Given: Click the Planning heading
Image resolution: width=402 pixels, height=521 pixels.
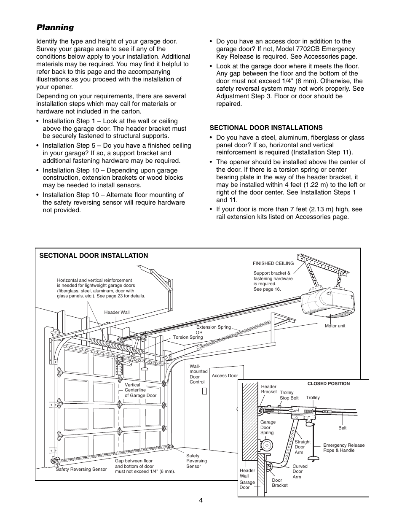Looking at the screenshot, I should (x=55, y=27).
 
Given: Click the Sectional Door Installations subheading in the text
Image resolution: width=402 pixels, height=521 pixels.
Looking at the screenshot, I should (x=266, y=127).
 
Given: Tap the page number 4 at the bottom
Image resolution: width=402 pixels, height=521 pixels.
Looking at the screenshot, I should (x=201, y=500).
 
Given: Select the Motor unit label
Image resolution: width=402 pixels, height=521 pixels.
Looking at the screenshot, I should (x=335, y=326).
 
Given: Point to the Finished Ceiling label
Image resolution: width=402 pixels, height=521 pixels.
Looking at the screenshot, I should (x=273, y=263).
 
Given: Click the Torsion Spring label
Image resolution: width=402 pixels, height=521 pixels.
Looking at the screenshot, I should (x=188, y=337).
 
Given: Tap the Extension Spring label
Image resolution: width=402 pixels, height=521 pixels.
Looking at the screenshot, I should (x=214, y=327).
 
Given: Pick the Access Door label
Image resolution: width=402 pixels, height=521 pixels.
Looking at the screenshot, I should (x=225, y=375).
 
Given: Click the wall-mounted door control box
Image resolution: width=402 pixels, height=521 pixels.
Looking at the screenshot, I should (x=204, y=391).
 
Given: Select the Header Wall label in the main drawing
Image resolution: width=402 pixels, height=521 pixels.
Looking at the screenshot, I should (x=117, y=313).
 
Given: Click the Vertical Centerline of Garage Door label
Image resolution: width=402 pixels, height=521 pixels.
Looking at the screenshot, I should (x=140, y=390).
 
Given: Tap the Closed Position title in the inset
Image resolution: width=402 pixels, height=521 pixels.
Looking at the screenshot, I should (x=329, y=384).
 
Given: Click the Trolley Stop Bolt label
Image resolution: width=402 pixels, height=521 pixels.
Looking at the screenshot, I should (x=289, y=395).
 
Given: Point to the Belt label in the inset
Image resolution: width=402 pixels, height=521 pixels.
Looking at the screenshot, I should (x=343, y=428).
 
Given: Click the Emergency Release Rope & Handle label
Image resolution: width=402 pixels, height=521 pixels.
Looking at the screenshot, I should (x=344, y=448).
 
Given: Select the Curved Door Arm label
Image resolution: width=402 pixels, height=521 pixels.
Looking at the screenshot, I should (x=300, y=471).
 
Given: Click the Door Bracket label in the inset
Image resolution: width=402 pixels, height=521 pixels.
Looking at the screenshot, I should (x=279, y=483).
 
